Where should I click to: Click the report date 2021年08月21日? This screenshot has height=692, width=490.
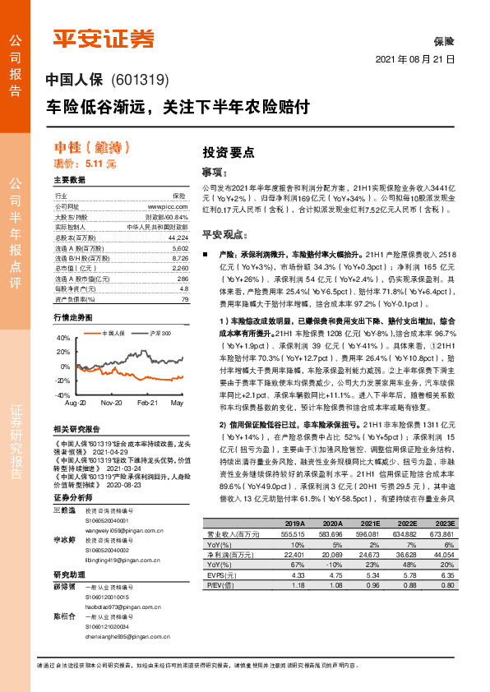[415, 61]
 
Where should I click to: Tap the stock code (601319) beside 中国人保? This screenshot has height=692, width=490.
[138, 81]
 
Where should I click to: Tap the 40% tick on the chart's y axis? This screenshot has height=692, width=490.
[63, 338]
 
